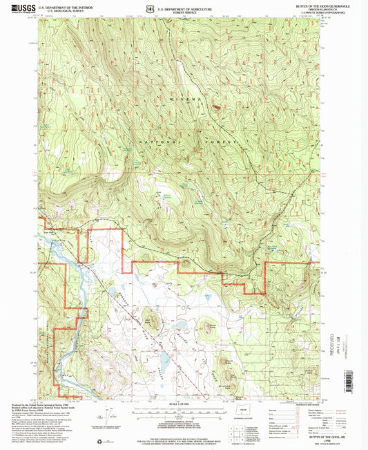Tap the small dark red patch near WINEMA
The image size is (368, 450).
point(216,107)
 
